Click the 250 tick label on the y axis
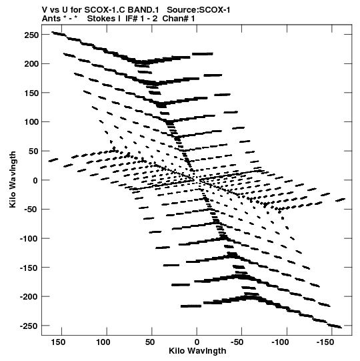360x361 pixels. click(x=31, y=35)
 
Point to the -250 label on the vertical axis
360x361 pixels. click(x=29, y=326)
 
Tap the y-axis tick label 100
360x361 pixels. click(x=31, y=122)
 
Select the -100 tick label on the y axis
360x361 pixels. click(x=29, y=238)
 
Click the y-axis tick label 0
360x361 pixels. click(x=35, y=180)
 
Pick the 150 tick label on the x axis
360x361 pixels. click(x=58, y=342)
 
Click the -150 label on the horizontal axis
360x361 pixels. click(x=326, y=342)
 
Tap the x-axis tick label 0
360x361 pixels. click(x=197, y=342)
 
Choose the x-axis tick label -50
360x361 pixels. click(x=237, y=342)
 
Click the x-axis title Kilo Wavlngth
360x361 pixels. click(x=197, y=351)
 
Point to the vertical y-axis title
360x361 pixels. click(x=13, y=179)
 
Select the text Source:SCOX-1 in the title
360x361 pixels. click(x=199, y=10)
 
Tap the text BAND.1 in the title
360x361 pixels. click(x=143, y=10)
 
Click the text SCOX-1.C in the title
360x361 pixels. click(x=105, y=10)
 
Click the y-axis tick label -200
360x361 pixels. click(x=29, y=297)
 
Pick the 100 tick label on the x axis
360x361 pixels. click(x=103, y=342)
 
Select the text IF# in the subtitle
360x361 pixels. click(x=131, y=19)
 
